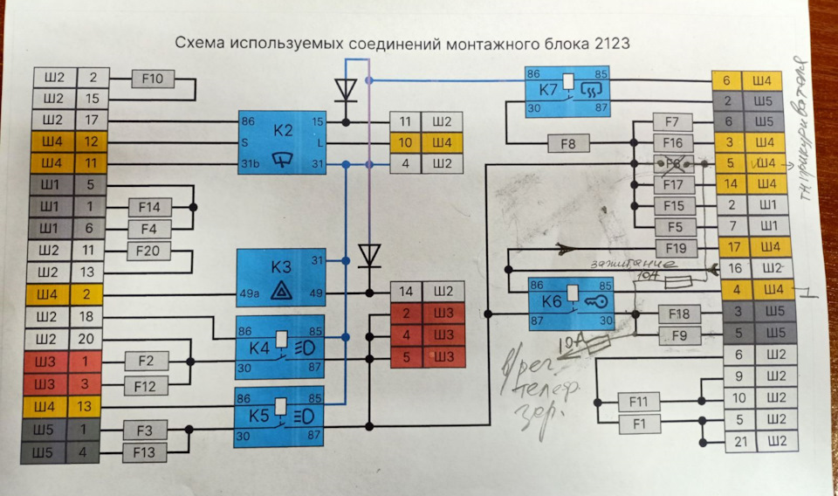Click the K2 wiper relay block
282,140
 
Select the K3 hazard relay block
282,277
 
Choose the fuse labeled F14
149,208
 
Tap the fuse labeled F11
639,402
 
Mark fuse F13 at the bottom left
144,451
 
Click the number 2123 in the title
612,42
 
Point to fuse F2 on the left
146,360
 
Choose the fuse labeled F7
672,121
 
